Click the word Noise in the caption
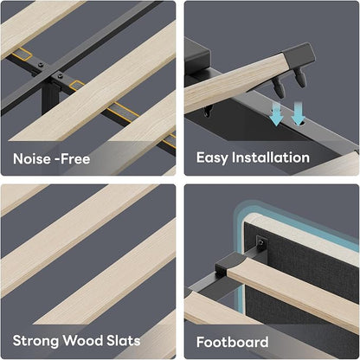click(x=29, y=158)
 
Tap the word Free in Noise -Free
click(x=76, y=158)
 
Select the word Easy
click(x=212, y=158)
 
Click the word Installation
click(x=271, y=157)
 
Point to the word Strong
click(x=35, y=341)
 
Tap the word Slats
click(x=124, y=340)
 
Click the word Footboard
click(x=233, y=342)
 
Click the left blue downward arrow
click(x=276, y=114)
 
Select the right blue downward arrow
click(x=298, y=113)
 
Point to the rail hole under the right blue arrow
click(x=302, y=123)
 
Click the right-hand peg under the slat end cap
click(x=299, y=79)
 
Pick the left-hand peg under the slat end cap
click(x=278, y=87)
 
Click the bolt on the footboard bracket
click(x=261, y=242)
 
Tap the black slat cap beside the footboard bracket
click(x=229, y=264)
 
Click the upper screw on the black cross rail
click(x=41, y=66)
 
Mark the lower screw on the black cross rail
click(x=61, y=76)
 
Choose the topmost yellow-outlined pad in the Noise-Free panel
click(x=22, y=54)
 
